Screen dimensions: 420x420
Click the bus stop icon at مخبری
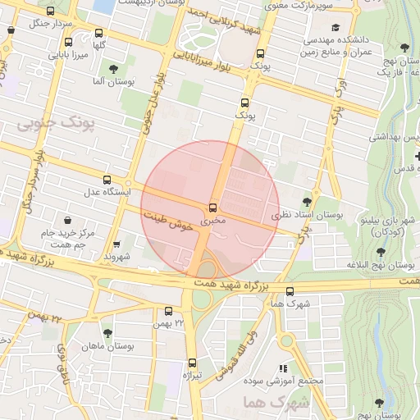[x=213, y=207]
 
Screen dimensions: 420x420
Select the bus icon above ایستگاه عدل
[x=107, y=180]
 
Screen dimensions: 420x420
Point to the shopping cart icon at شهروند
[x=116, y=244]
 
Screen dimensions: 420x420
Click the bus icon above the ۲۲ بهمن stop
[x=168, y=312]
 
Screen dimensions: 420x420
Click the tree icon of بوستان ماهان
[x=107, y=333]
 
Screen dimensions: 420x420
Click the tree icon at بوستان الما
[x=112, y=69]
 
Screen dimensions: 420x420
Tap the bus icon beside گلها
[x=99, y=34]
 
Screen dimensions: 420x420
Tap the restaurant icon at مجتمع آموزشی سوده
[x=283, y=369]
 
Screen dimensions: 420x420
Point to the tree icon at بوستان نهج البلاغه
[x=380, y=253]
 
